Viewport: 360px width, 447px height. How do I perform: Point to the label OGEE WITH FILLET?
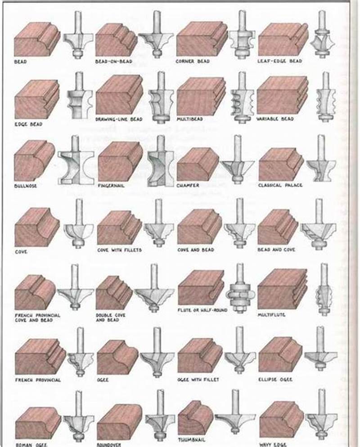tap(198, 380)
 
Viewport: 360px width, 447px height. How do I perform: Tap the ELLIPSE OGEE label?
tap(275, 380)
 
